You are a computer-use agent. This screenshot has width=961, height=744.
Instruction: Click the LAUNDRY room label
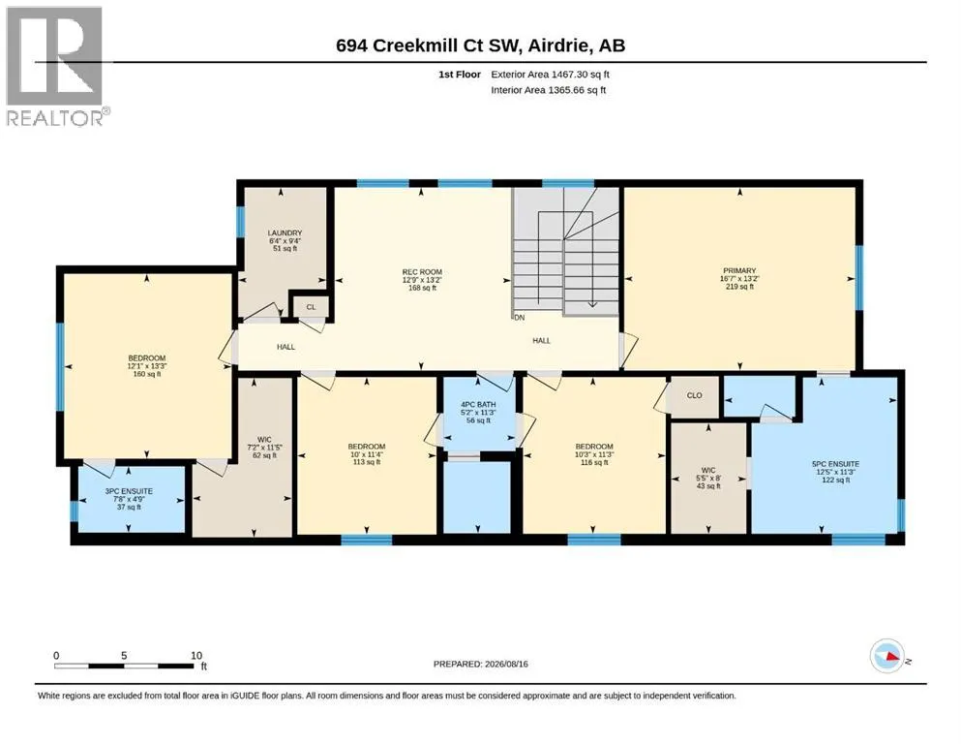tap(285, 233)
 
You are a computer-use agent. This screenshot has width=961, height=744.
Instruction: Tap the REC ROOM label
tap(422, 272)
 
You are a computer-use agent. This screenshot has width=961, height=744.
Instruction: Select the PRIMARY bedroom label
tap(739, 270)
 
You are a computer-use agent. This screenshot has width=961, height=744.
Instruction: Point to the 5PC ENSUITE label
tap(835, 464)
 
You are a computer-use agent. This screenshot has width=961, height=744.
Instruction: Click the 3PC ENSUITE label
tap(129, 491)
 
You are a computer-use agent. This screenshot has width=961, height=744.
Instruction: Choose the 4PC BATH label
tap(478, 405)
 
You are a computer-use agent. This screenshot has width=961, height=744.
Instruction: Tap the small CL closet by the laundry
tap(311, 307)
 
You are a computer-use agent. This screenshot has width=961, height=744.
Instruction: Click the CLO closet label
tap(695, 395)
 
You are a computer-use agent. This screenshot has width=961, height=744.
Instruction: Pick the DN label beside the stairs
tap(520, 318)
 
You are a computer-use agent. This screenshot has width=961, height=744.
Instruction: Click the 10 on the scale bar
tap(196, 656)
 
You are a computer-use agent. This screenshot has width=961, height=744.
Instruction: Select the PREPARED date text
tap(480, 664)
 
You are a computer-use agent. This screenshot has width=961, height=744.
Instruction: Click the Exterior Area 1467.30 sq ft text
tap(550, 75)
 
